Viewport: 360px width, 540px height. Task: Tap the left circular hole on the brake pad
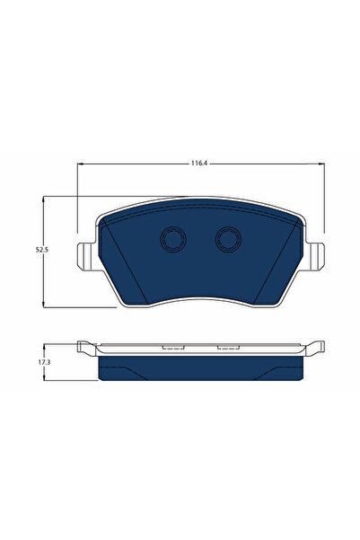(x=171, y=239)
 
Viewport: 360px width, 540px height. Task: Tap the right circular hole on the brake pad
(x=228, y=239)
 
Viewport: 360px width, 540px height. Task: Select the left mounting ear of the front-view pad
(x=84, y=255)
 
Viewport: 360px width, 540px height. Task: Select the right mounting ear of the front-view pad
(x=316, y=255)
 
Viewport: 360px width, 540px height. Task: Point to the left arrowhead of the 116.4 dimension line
(x=82, y=164)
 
